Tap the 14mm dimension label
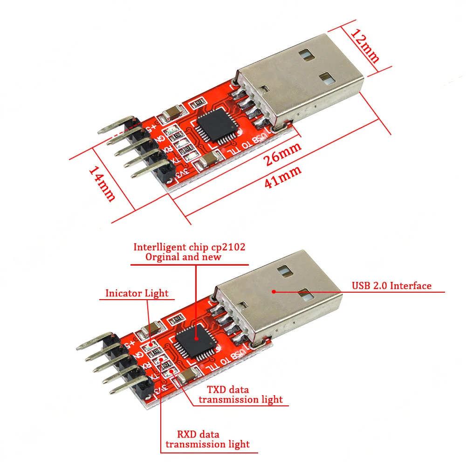[x=102, y=185]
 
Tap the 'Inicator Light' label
[x=137, y=293]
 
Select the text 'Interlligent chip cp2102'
[x=189, y=247]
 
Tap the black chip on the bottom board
[x=195, y=343]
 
